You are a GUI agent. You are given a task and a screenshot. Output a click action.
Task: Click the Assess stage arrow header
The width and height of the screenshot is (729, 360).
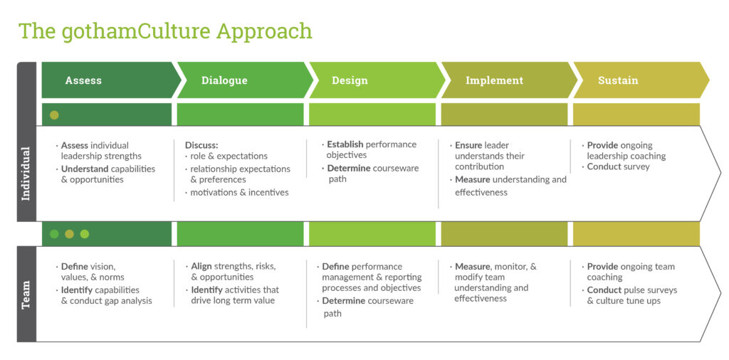(x=110, y=80)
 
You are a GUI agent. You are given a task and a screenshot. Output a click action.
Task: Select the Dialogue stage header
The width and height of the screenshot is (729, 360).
(x=244, y=80)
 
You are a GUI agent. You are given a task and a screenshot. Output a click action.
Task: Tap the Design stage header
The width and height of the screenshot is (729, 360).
(x=376, y=80)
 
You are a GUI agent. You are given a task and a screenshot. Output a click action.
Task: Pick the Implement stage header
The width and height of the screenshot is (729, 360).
(x=508, y=80)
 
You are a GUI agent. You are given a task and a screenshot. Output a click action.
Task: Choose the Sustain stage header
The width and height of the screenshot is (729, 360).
(x=641, y=80)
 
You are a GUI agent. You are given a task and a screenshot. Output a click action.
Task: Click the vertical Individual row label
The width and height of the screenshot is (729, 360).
(x=26, y=174)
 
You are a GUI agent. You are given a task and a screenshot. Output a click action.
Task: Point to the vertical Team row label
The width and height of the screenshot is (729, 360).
(x=26, y=294)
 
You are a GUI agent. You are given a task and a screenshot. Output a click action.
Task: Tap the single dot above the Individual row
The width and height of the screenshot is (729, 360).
(x=54, y=115)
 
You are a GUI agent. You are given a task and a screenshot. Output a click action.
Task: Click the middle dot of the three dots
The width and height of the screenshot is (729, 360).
(x=69, y=234)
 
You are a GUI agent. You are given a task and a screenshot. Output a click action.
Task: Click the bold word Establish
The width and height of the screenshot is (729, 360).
(x=345, y=144)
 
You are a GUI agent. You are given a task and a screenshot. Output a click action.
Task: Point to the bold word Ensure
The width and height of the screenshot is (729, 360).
(x=468, y=145)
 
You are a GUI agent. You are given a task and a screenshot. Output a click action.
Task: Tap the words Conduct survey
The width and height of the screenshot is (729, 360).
(x=619, y=166)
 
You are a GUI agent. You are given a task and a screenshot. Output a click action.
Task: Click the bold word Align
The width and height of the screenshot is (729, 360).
(x=201, y=266)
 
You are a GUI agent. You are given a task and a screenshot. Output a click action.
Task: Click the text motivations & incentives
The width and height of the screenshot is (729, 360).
(x=239, y=192)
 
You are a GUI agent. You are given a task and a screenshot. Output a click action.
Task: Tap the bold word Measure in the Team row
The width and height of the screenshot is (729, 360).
(x=473, y=267)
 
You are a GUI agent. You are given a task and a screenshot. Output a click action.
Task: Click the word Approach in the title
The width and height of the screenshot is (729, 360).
(x=264, y=31)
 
